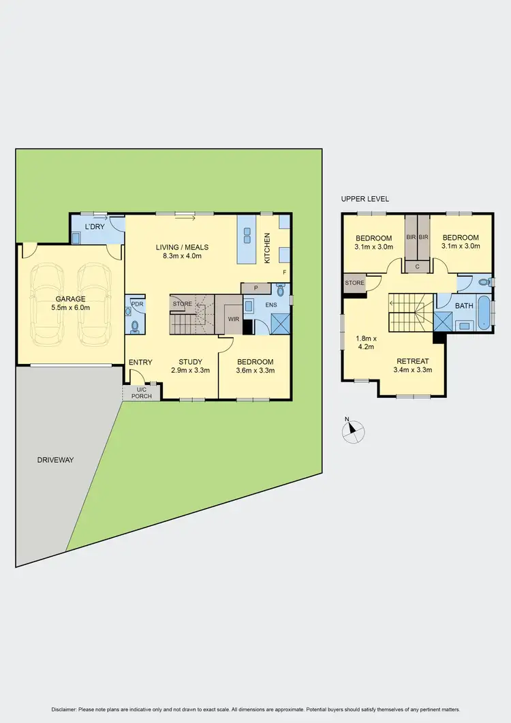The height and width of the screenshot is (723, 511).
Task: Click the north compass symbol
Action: (353, 430)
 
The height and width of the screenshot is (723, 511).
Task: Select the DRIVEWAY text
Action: (55, 460)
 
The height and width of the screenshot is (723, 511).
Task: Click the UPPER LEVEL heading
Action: (365, 199)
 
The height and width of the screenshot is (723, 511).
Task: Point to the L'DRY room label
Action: (94, 226)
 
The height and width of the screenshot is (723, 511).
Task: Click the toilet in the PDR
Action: (134, 326)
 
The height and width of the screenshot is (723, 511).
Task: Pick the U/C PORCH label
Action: (142, 393)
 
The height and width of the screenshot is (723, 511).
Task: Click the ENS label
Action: (271, 305)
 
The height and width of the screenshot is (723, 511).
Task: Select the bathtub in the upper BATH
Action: (482, 314)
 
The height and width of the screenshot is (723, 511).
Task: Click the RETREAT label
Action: (413, 361)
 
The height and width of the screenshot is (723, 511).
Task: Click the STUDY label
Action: (190, 362)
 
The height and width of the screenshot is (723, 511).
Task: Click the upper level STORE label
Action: (354, 282)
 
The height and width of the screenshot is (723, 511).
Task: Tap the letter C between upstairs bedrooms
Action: (417, 266)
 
